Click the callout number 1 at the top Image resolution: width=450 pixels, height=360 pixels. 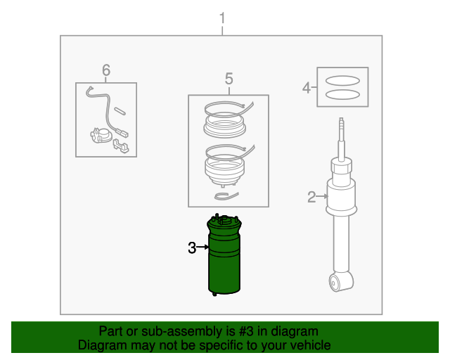[222, 18]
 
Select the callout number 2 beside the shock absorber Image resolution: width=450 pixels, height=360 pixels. [311, 197]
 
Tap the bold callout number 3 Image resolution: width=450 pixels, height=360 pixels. [192, 247]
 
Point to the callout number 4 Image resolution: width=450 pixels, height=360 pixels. [307, 88]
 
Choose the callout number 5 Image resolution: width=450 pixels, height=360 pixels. [229, 78]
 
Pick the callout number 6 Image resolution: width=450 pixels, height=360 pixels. [106, 69]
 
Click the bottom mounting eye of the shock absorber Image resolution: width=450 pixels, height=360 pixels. [336, 283]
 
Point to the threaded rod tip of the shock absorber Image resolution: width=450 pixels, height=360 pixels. [342, 127]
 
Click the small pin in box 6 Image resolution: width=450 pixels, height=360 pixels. [120, 110]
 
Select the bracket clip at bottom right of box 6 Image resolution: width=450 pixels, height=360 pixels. [121, 145]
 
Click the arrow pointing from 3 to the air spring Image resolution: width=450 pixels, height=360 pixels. [205, 247]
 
